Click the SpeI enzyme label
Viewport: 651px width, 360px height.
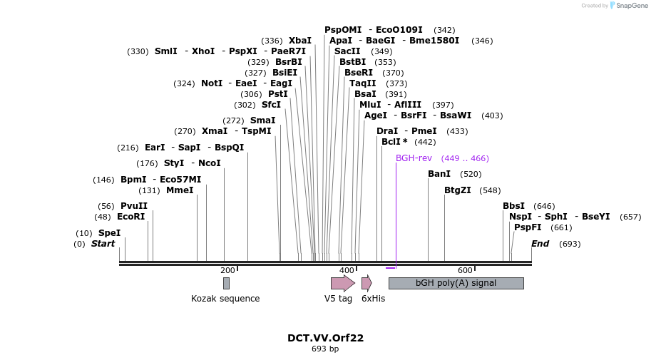[109, 233]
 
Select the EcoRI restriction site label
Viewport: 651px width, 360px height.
[130, 217]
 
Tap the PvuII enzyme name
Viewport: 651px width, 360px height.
[134, 206]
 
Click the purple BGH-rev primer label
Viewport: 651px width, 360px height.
[414, 158]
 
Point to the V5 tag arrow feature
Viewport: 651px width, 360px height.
[342, 283]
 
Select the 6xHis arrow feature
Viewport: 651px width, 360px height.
[366, 283]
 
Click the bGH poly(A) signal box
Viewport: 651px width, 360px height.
[456, 283]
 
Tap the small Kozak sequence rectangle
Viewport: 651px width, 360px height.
[226, 283]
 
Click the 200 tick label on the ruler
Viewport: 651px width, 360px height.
[227, 270]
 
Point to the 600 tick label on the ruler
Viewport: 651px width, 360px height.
[465, 270]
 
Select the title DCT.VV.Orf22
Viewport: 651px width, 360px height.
[325, 338]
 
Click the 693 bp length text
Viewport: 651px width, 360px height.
[325, 349]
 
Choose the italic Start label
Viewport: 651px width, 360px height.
[103, 244]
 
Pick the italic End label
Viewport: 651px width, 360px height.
[540, 244]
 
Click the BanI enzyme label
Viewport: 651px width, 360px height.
[439, 174]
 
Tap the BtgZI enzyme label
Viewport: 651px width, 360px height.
[458, 190]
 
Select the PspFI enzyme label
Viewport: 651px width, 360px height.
[528, 227]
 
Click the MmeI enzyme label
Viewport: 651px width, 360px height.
[180, 190]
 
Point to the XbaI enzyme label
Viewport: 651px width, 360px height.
[300, 41]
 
